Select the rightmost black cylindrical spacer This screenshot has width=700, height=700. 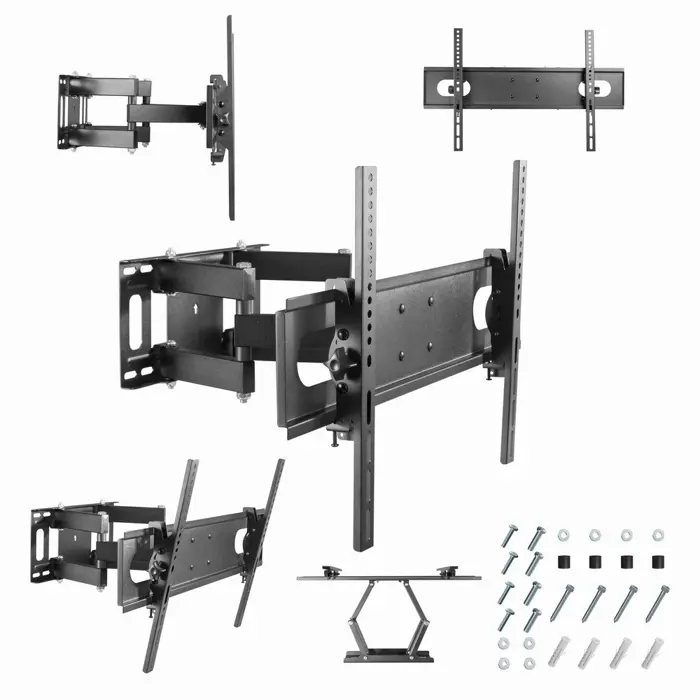(659, 561)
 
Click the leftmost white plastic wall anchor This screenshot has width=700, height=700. (560, 653)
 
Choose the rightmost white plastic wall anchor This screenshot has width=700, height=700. (655, 653)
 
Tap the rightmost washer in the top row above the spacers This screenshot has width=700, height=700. (658, 536)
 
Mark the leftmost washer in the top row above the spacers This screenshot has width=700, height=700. (564, 536)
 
